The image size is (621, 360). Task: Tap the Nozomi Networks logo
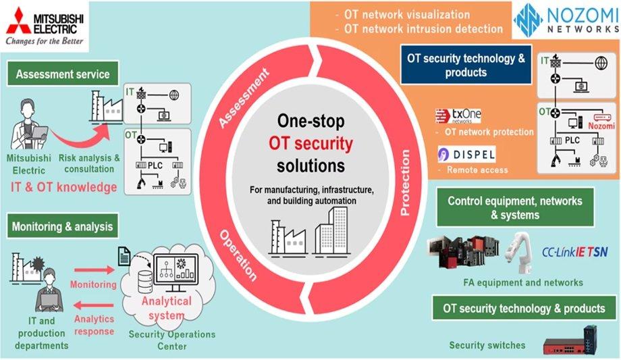(566, 20)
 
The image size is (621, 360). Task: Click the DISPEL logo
(466, 154)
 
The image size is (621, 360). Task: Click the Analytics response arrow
(94, 308)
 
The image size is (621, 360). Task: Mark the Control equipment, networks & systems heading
(514, 207)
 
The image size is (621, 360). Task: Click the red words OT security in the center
(311, 143)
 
